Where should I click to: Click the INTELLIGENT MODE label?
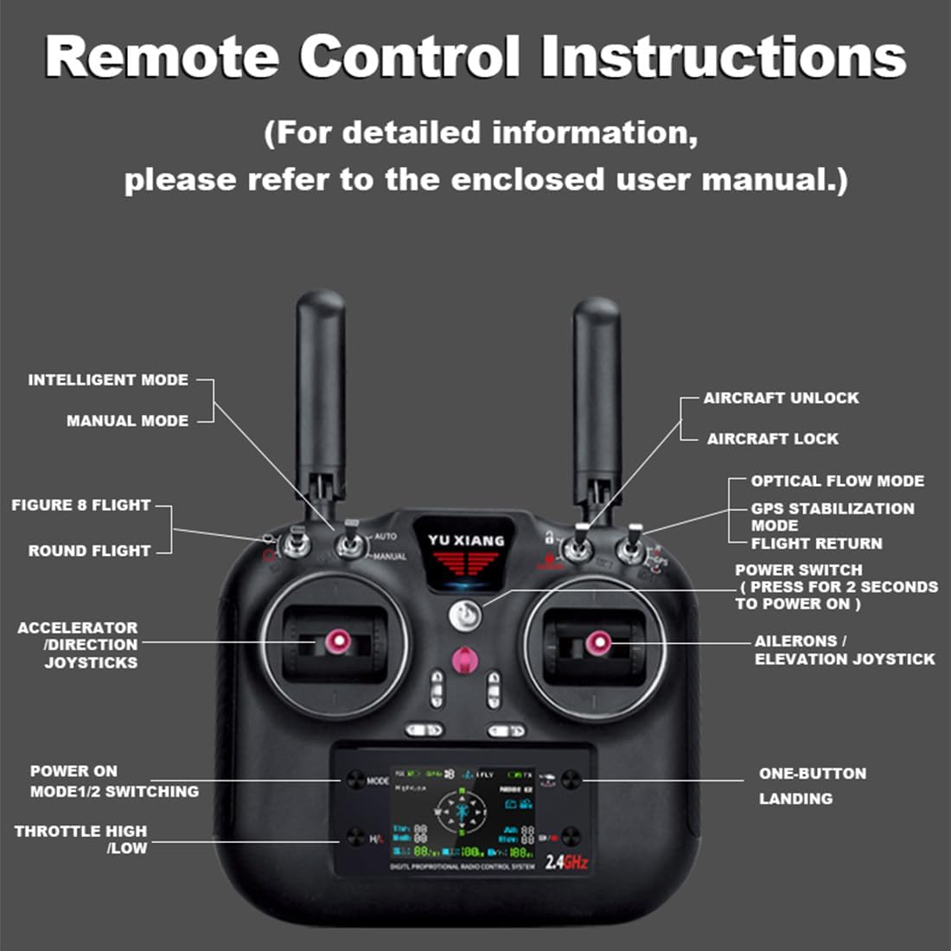(108, 380)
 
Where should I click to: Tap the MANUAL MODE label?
(127, 421)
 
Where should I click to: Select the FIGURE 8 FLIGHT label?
(80, 505)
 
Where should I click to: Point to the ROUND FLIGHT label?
(89, 551)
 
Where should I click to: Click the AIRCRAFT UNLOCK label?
(781, 398)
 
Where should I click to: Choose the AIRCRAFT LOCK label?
(772, 438)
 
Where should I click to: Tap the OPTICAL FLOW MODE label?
(837, 481)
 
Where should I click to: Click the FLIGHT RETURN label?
(816, 544)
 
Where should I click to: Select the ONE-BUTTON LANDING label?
(812, 786)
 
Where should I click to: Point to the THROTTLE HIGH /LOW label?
(80, 839)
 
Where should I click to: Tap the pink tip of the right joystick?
(597, 642)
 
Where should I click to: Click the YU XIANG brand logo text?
(465, 540)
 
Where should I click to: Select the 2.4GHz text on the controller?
(566, 861)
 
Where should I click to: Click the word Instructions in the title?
(723, 56)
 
